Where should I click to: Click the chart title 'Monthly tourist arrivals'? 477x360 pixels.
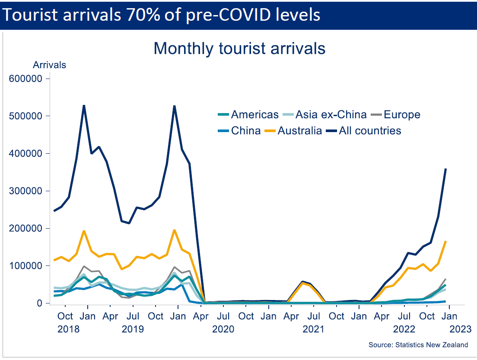click(239, 48)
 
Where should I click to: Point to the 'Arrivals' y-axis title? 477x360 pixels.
click(50, 65)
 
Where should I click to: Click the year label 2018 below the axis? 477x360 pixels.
click(68, 329)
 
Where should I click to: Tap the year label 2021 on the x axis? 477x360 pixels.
click(313, 329)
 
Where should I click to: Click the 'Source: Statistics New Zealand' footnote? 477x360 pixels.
click(418, 345)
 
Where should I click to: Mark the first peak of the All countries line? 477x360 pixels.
click(84, 105)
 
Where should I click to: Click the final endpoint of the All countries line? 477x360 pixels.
click(445, 169)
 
